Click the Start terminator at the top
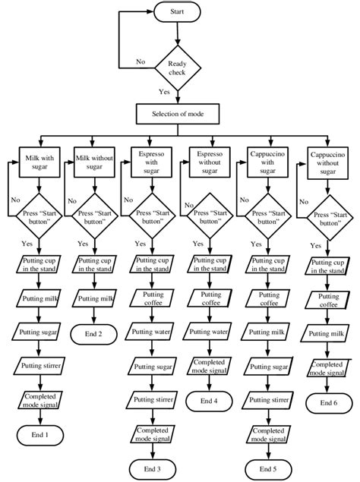pos(176,12)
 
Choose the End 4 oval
pos(209,400)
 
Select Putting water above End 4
pos(209,332)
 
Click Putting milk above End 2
pos(93,299)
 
